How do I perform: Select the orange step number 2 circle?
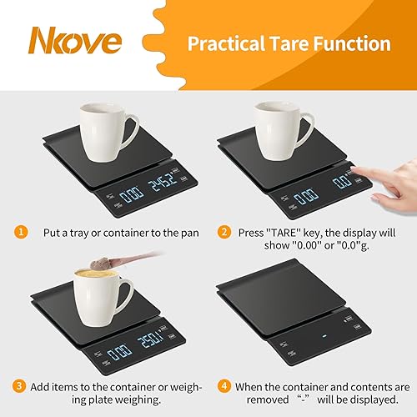pos(224,231)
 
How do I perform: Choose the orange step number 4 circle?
pos(224,385)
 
